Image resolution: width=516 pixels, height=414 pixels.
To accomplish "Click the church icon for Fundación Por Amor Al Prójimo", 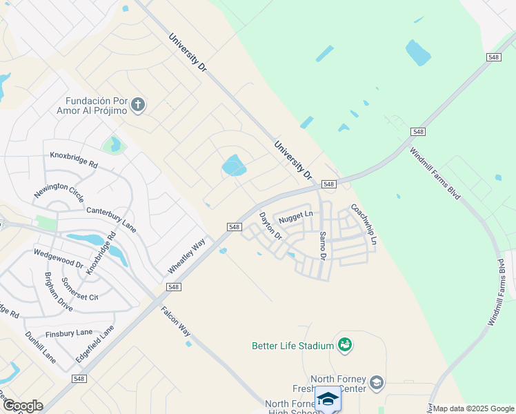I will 138,104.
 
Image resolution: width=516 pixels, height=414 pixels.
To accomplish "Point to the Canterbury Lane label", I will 110,217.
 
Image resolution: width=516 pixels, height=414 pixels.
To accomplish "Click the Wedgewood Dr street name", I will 59,259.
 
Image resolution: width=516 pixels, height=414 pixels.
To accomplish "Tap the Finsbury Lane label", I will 69,333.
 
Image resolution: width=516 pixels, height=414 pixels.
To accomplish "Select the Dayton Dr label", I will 270,226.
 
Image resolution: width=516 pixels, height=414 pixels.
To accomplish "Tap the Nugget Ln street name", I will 295,217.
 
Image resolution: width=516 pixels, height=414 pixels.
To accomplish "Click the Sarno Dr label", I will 322,245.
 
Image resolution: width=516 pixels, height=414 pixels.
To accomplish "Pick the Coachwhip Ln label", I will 363,224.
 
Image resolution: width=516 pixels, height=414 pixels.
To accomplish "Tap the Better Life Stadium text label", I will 293,346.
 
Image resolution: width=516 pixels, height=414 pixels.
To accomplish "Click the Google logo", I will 22,406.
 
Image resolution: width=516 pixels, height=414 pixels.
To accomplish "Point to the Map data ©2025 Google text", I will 473,408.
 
